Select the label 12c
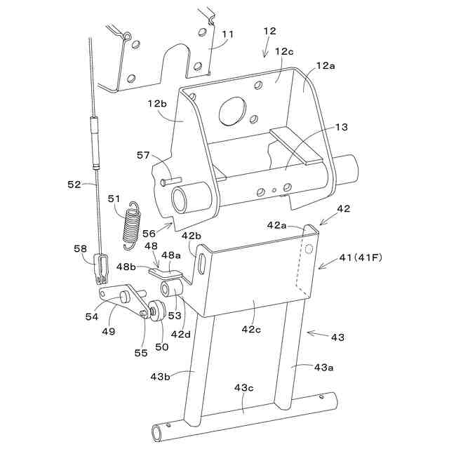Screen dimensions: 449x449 pyautogui.click(x=284, y=52)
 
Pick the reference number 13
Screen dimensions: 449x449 pyautogui.click(x=340, y=128)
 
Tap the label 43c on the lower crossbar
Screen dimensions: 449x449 pyautogui.click(x=245, y=388)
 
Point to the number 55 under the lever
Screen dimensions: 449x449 pyautogui.click(x=141, y=353)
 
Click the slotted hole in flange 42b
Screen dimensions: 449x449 pyautogui.click(x=201, y=264)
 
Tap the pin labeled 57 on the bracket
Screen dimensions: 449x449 pyautogui.click(x=168, y=182)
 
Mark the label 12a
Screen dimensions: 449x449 pyautogui.click(x=326, y=65)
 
